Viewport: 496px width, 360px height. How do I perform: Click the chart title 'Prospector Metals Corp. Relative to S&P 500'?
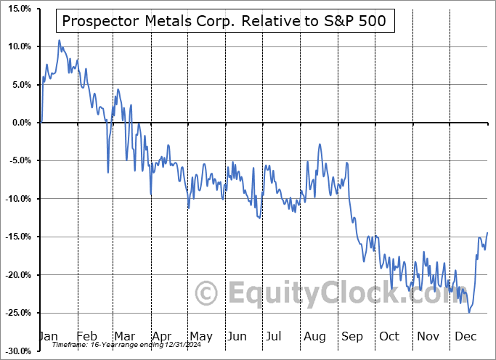(226, 22)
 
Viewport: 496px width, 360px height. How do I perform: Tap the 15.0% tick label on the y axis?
(18, 9)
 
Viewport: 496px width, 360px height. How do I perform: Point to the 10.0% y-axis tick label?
(18, 46)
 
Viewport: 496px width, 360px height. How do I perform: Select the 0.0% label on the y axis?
(20, 123)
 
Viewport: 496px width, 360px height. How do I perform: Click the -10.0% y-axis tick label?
(17, 199)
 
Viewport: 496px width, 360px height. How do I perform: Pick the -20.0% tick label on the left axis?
(17, 275)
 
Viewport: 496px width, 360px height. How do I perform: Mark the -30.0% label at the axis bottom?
(17, 351)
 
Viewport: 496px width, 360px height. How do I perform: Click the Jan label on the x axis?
(48, 336)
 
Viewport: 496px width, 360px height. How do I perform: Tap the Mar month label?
(123, 336)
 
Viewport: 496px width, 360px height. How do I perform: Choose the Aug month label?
(314, 336)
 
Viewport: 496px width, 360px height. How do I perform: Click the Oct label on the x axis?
(389, 336)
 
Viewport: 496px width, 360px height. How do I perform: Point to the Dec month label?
(465, 336)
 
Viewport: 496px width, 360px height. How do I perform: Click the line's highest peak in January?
(60, 41)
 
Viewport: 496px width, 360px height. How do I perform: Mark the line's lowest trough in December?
(469, 312)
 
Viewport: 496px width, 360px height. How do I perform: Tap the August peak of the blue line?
(320, 144)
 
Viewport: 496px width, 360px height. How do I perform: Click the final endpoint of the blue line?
(487, 232)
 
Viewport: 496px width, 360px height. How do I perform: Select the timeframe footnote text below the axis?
(115, 344)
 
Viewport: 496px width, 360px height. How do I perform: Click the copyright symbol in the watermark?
(208, 294)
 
